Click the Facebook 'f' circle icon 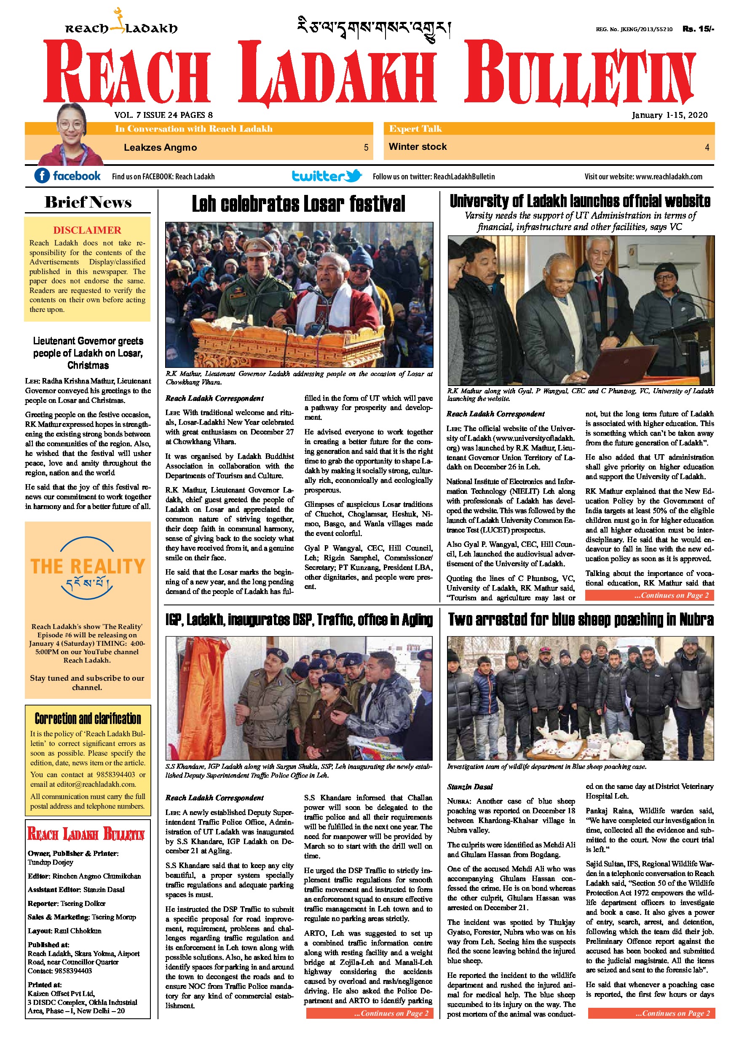click(42, 176)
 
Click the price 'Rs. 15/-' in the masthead click(698, 29)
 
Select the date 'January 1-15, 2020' click(669, 115)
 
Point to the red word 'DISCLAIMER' click(87, 230)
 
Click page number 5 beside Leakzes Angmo click(366, 147)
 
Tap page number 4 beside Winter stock click(707, 147)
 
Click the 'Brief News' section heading click(88, 202)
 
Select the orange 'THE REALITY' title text click(88, 567)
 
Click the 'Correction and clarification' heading click(88, 719)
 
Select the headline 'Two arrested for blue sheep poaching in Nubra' click(580, 620)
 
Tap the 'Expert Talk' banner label click(415, 129)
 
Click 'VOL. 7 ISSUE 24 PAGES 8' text click(163, 115)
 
